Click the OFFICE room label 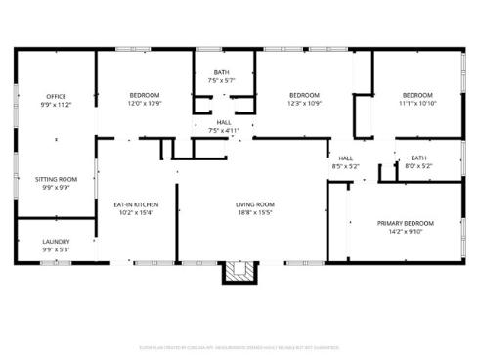coord(55,95)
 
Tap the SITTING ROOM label coord(55,180)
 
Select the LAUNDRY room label coord(55,241)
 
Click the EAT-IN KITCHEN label coord(137,204)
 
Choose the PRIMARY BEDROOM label coord(406,223)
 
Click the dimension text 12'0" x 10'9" coord(144,102)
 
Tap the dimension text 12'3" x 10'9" coord(304,102)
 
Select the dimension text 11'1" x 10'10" coord(417,102)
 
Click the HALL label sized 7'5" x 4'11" coord(223,122)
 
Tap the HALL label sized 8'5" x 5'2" coord(346,158)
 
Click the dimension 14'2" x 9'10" coord(406,231)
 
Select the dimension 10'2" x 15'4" coord(137,212)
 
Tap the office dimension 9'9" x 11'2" coord(55,103)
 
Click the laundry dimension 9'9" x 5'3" coord(55,248)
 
